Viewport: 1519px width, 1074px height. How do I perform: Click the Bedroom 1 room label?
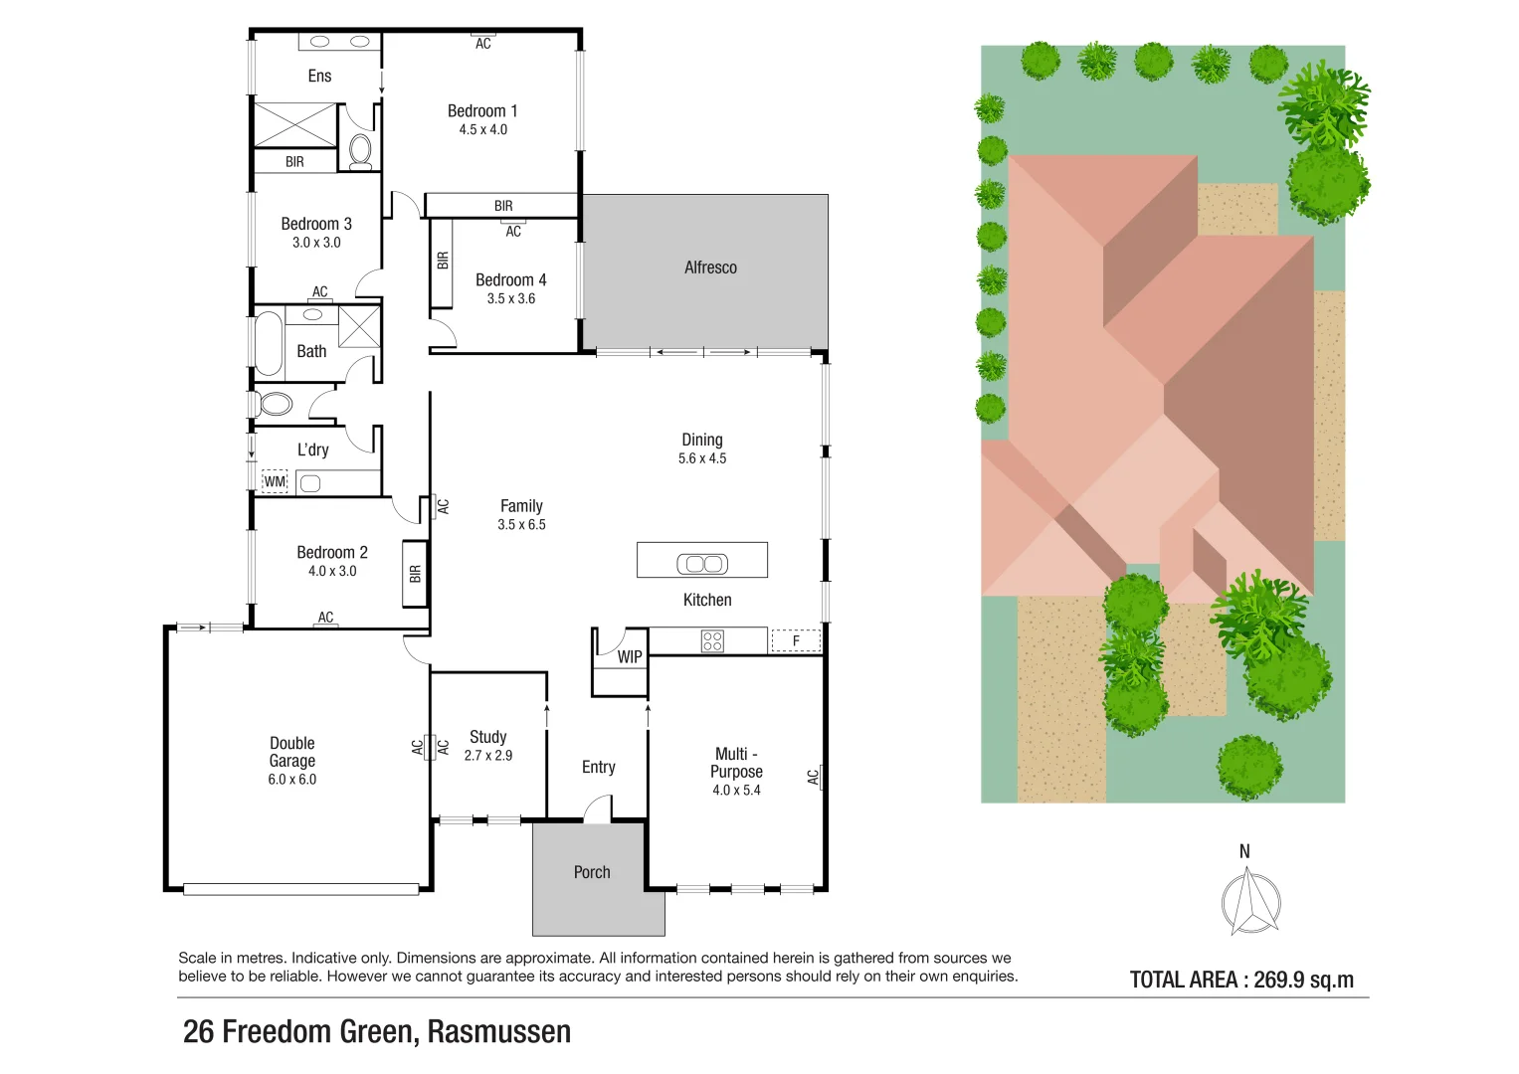pos(482,111)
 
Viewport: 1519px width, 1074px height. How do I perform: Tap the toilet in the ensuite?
pos(359,150)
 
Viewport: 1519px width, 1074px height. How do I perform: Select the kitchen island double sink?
pos(702,564)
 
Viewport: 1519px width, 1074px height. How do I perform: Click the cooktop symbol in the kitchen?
pos(712,641)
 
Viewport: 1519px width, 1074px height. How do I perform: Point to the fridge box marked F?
pos(796,641)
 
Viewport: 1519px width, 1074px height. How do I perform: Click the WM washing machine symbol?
pos(275,482)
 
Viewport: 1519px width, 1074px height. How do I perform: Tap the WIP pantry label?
pos(630,657)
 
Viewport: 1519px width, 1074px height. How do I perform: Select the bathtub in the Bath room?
pos(269,343)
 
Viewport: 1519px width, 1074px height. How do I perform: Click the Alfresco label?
pos(710,268)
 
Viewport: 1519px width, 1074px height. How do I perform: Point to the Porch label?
pos(592,872)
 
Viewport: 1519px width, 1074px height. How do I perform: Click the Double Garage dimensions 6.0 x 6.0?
pos(291,780)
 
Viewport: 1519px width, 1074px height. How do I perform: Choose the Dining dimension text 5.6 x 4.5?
pos(702,458)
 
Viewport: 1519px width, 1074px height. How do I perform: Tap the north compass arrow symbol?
pos(1249,901)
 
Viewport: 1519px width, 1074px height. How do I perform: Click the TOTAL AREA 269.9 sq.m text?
pos(1241,980)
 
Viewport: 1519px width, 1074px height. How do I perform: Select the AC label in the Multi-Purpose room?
pos(814,777)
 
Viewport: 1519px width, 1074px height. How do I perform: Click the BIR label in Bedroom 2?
pos(415,574)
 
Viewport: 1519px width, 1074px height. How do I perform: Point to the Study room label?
pos(487,737)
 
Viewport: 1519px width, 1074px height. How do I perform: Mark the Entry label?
pos(598,767)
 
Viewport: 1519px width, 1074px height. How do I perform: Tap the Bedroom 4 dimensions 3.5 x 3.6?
pos(510,298)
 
